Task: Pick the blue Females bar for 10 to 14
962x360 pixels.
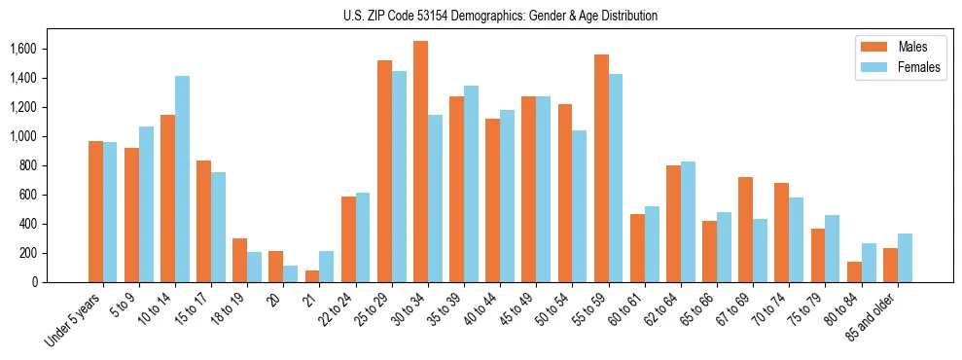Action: pyautogui.click(x=183, y=179)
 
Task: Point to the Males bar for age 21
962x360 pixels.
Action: pyautogui.click(x=312, y=276)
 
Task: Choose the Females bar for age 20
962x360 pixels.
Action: pyautogui.click(x=291, y=273)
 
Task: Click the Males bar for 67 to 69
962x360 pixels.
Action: pyautogui.click(x=745, y=230)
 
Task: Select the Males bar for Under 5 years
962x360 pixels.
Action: pyautogui.click(x=95, y=211)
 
